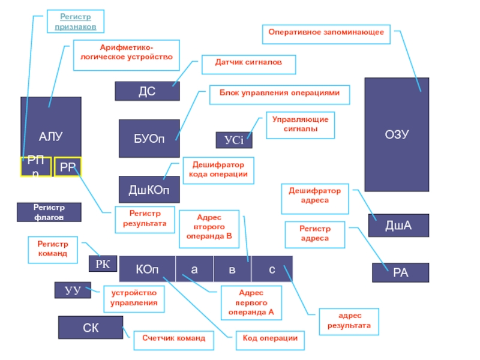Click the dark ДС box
pos(147,91)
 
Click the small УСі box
pos(234,140)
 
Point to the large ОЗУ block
pos(397,134)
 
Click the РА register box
pos(400,272)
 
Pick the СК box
pos(91,328)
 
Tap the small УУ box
pos(73,290)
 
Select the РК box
pos(103,263)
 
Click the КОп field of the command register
pos(147,269)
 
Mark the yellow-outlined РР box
pos(67,167)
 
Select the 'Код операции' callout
pos(270,338)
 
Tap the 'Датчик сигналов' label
pos(248,62)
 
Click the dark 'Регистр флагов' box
pos(49,212)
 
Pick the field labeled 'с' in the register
pos(272,269)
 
